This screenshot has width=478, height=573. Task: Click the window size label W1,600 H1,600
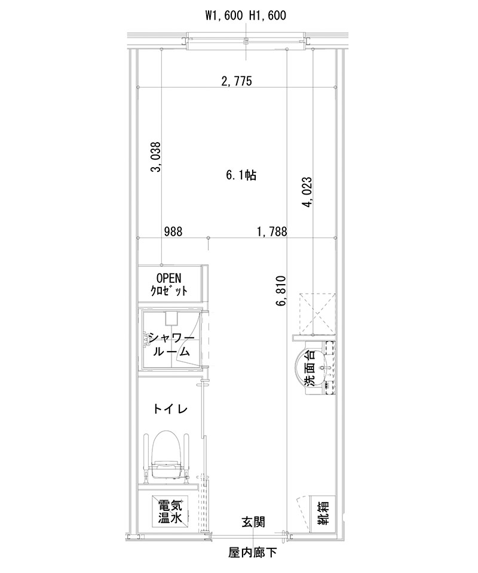(x=244, y=16)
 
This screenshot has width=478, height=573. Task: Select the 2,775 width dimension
(x=235, y=82)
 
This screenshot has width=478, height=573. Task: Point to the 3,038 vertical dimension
(x=155, y=157)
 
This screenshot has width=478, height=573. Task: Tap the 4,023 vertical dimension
(x=307, y=193)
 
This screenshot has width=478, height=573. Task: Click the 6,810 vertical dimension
(x=281, y=291)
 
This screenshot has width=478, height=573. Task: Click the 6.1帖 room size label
(x=241, y=175)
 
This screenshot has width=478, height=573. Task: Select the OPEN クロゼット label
(x=171, y=285)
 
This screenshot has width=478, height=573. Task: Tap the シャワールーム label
(x=171, y=344)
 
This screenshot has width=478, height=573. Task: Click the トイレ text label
(x=171, y=409)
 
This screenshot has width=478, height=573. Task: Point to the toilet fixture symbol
(x=166, y=457)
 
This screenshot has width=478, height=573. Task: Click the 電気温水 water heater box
(x=171, y=512)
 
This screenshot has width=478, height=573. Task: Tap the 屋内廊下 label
(x=252, y=552)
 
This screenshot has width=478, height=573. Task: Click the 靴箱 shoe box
(x=323, y=512)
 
